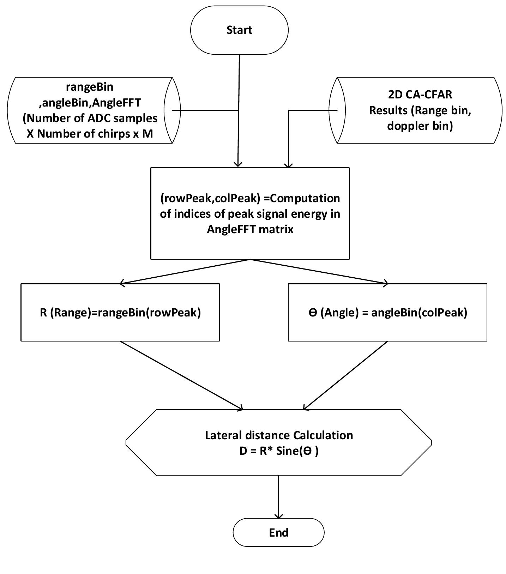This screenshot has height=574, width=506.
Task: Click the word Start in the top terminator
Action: click(239, 30)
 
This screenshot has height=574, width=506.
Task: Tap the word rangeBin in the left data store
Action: click(90, 86)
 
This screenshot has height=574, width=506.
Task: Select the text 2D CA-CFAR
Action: click(420, 95)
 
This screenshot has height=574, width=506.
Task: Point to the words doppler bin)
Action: click(420, 126)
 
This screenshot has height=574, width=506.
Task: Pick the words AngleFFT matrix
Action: click(250, 229)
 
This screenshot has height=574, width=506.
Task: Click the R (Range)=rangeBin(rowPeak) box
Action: click(120, 312)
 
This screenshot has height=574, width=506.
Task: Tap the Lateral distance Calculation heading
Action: click(279, 435)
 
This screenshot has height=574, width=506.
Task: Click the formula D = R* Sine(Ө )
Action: click(278, 451)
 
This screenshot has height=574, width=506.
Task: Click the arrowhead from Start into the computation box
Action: click(239, 164)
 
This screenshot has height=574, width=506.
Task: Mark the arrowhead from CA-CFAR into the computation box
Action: click(289, 164)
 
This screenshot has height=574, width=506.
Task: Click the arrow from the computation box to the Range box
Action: click(185, 271)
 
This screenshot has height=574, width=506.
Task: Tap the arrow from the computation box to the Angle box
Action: click(319, 271)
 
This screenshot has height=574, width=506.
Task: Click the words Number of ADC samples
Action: click(90, 118)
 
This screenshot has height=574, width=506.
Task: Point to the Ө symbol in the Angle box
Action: click(313, 313)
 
